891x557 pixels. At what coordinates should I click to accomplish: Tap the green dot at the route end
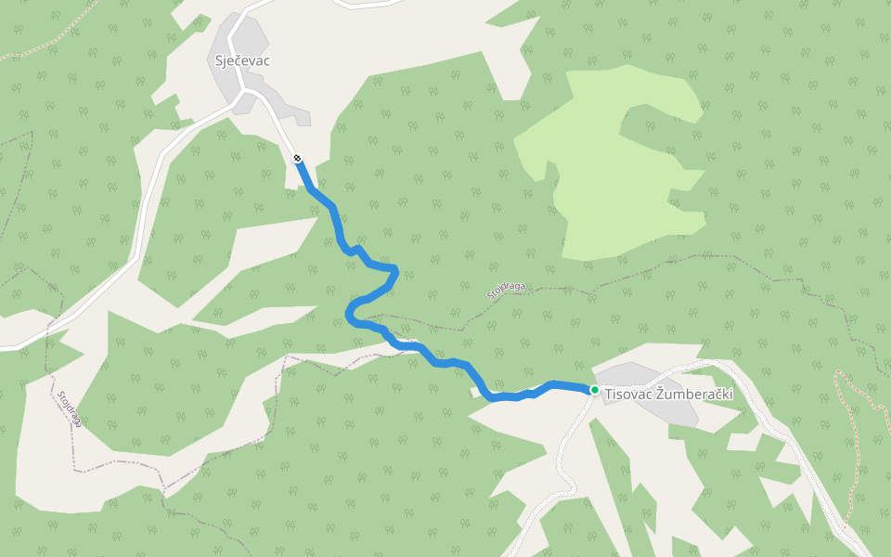tap(594, 390)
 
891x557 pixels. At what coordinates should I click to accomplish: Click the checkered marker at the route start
tap(297, 159)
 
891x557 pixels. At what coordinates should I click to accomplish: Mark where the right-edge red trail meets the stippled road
tap(846, 529)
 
